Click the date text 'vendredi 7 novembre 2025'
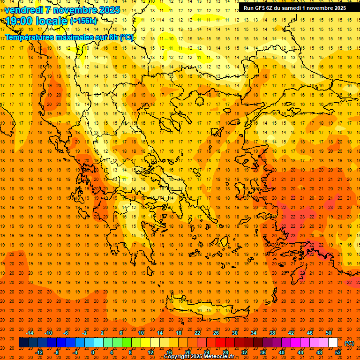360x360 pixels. pos(63,10)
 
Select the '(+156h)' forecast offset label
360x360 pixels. pos(84,21)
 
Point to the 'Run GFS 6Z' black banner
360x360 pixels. pos(294,7)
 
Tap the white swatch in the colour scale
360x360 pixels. pos(333,343)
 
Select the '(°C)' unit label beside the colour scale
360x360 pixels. pos(349,343)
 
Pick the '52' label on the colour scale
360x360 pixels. pos(338,352)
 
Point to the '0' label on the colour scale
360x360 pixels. pos(93,352)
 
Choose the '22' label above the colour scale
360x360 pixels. pos(197,333)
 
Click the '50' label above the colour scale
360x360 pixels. pos(329,333)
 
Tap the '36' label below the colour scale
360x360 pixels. pos(263,352)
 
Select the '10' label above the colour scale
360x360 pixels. pos(141,333)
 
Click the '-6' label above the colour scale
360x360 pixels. pos(66,333)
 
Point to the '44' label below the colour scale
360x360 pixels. pos(300,352)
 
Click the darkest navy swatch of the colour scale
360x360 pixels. pos(23,343)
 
